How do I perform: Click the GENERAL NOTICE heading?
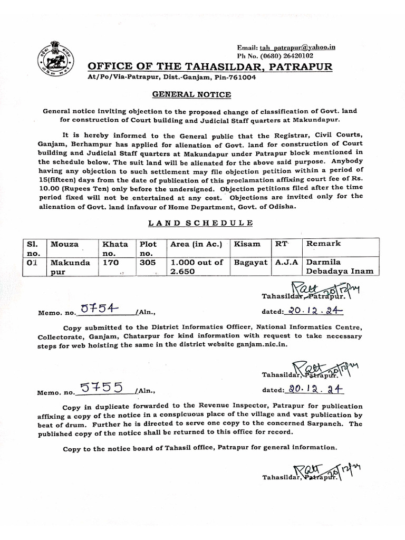tap(192, 94)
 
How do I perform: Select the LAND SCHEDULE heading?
tap(200, 223)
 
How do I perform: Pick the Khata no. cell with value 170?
tap(110, 262)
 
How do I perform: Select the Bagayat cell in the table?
tap(250, 262)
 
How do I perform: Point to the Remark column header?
tap(323, 244)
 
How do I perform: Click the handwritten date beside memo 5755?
tap(313, 390)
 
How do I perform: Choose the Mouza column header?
tap(64, 244)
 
